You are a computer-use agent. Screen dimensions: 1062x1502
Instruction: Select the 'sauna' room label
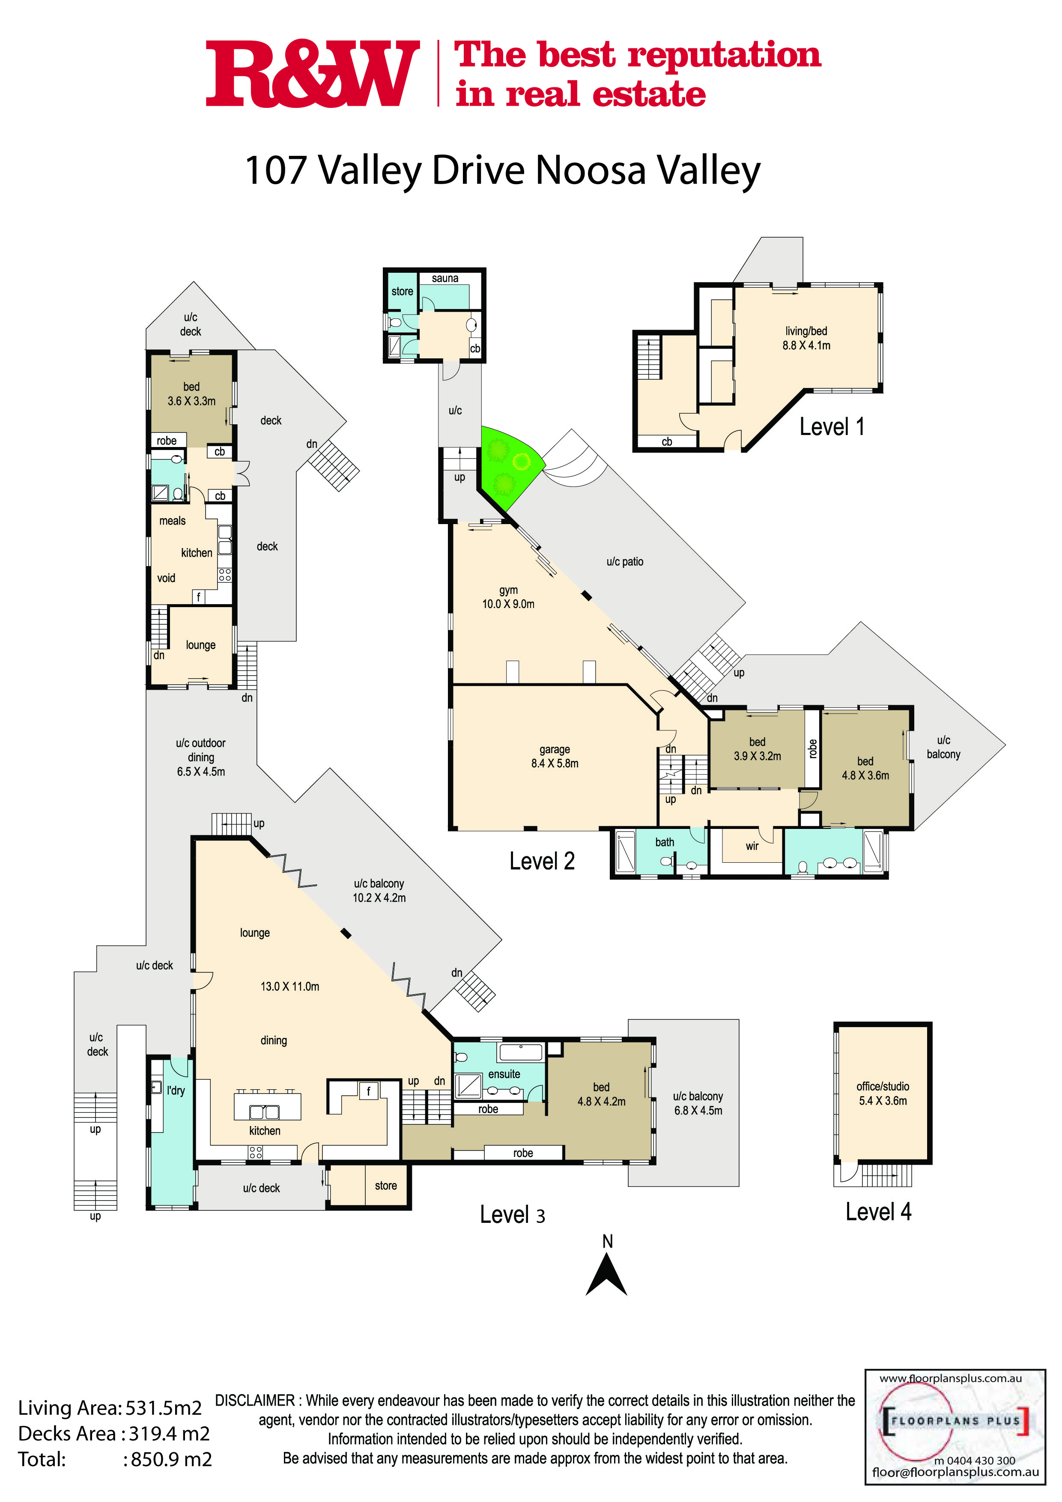coord(445,279)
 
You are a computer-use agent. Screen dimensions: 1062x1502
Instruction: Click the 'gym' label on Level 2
coord(508,590)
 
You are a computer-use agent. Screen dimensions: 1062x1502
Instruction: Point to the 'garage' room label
coord(555,749)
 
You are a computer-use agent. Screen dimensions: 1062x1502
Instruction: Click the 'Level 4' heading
coord(878,1212)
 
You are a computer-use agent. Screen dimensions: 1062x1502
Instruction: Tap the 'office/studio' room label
coord(883,1087)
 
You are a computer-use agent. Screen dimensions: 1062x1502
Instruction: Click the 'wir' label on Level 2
coord(752,846)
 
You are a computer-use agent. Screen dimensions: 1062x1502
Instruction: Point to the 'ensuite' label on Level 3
coord(504,1074)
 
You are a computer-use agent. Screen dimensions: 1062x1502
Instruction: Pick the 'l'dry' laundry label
coord(176,1091)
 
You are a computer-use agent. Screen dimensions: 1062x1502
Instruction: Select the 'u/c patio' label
coord(625,562)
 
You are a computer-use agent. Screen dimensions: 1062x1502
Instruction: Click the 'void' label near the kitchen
coord(166,578)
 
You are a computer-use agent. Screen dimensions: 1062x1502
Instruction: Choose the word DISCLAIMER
coord(255,1401)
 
